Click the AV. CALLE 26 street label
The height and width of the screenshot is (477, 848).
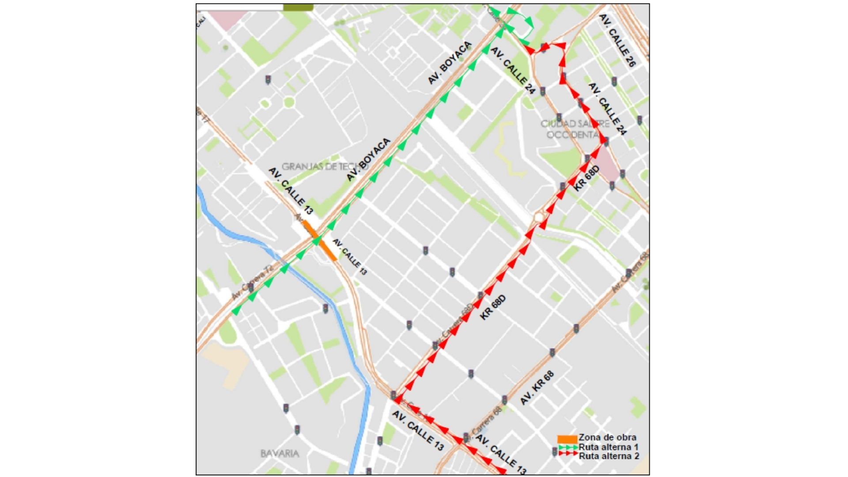(x=617, y=40)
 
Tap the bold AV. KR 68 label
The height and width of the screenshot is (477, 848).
(x=537, y=388)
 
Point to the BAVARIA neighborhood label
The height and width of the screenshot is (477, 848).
(x=280, y=453)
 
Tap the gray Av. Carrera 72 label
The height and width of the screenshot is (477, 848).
(x=253, y=283)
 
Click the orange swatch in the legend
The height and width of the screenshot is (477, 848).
(x=567, y=439)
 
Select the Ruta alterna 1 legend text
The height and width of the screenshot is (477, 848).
(x=609, y=447)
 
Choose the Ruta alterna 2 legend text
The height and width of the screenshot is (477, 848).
(x=609, y=456)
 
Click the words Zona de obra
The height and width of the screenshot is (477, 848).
(x=607, y=438)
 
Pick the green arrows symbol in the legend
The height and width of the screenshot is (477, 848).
(x=568, y=447)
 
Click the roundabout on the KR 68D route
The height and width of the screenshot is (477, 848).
(x=539, y=217)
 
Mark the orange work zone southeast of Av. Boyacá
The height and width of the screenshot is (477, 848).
(x=328, y=250)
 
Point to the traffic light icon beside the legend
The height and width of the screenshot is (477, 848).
(x=554, y=452)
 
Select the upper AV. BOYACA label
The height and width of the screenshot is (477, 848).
(x=450, y=63)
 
